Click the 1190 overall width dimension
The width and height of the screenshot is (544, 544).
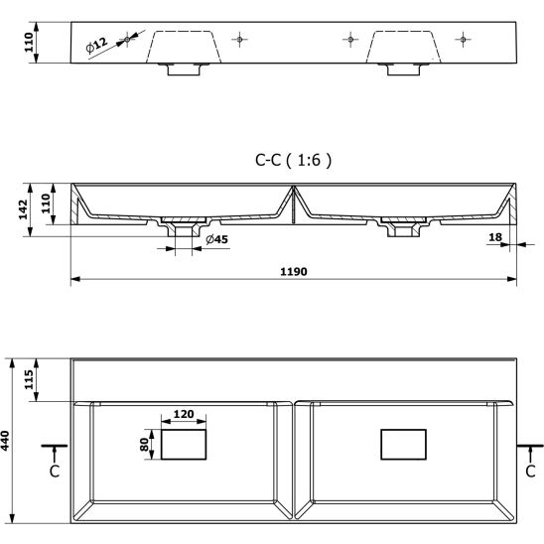[294, 271]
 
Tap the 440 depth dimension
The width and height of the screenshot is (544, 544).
[5, 441]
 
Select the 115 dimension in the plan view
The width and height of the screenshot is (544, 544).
[29, 379]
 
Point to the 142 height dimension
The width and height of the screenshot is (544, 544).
[23, 209]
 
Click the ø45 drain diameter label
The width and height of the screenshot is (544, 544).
[216, 239]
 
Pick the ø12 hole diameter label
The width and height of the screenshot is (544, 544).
[96, 46]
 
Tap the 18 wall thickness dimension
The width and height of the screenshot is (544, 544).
[495, 237]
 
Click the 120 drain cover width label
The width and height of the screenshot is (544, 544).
[184, 414]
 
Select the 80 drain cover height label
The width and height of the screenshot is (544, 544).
[144, 445]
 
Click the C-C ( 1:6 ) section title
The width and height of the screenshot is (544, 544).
[294, 160]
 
